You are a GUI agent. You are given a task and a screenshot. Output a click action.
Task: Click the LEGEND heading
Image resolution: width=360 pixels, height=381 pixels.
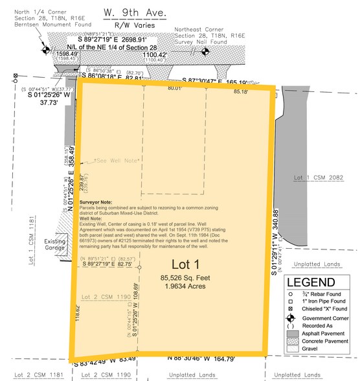pos(310,283)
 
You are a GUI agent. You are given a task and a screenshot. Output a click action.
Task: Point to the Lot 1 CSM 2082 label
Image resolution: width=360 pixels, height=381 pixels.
pos(322,177)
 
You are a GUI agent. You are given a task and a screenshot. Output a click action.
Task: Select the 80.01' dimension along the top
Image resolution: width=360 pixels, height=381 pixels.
pos(174,87)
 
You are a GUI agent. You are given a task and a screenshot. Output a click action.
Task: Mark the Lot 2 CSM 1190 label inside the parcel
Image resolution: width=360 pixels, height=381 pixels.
pos(103,277)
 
